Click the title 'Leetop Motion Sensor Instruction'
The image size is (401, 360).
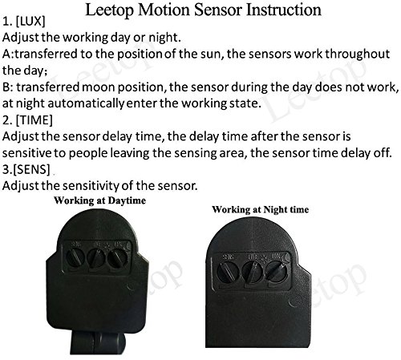click(x=203, y=10)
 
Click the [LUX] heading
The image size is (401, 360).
click(x=24, y=22)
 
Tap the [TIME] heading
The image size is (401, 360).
click(x=27, y=120)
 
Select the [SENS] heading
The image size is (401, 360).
click(x=26, y=169)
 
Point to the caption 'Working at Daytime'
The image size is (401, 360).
click(x=100, y=200)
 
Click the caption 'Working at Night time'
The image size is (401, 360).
click(x=261, y=209)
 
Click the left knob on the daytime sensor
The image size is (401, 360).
click(x=75, y=258)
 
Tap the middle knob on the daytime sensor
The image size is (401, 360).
click(x=96, y=258)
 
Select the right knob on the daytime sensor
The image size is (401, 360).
click(x=117, y=258)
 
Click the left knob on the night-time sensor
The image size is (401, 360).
click(x=227, y=272)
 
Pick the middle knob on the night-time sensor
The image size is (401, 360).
click(x=253, y=272)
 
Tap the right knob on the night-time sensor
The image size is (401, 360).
click(x=277, y=271)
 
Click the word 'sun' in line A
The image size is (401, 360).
click(x=211, y=55)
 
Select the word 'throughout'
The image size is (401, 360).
click(x=357, y=55)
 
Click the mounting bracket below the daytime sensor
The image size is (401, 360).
click(x=98, y=342)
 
